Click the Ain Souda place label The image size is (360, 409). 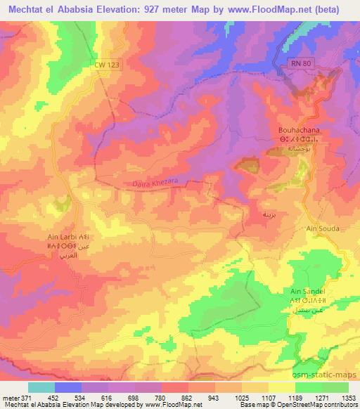[x=323, y=229]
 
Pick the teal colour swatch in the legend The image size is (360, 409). [x=41, y=387]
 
